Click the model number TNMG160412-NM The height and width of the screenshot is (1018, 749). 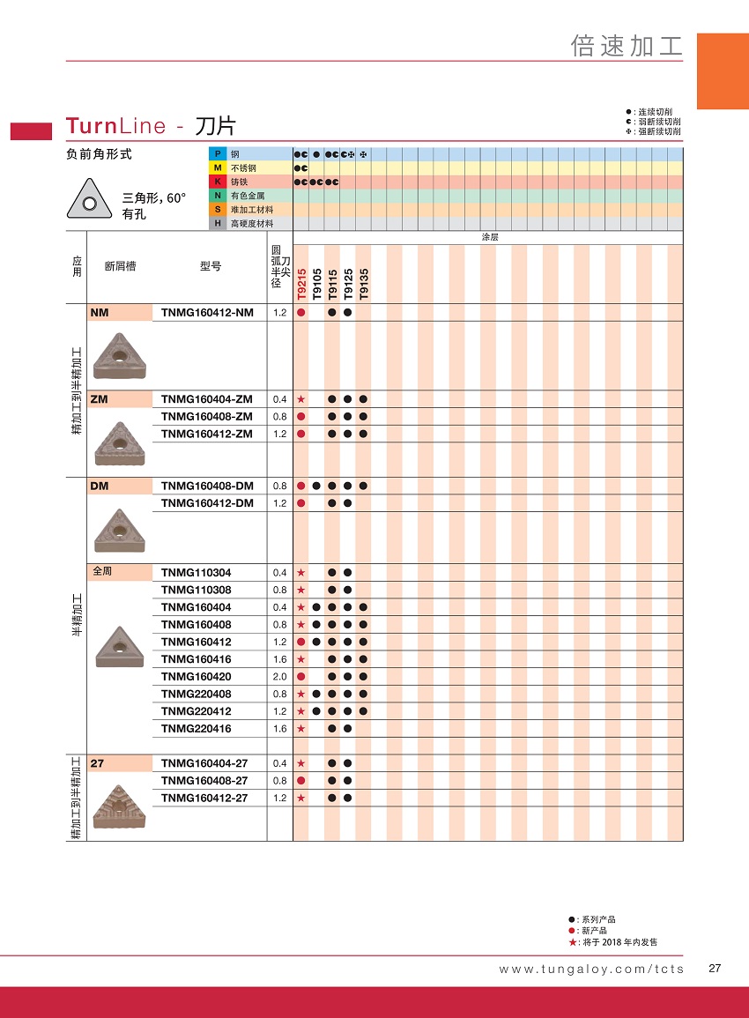click(207, 312)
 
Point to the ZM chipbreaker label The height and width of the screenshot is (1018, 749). click(99, 399)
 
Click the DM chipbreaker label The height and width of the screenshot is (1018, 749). click(99, 486)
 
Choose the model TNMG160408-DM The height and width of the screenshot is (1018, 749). click(207, 486)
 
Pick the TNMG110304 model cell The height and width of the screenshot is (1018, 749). click(197, 572)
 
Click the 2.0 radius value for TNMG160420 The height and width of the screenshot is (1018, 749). click(279, 676)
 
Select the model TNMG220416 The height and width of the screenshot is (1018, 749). click(197, 728)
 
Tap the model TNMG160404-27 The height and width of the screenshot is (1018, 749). click(204, 763)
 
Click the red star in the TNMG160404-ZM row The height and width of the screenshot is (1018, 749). click(301, 399)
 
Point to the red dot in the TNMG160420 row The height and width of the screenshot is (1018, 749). click(301, 676)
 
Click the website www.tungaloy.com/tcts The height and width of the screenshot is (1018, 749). click(590, 969)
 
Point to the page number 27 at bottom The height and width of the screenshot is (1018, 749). click(715, 968)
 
